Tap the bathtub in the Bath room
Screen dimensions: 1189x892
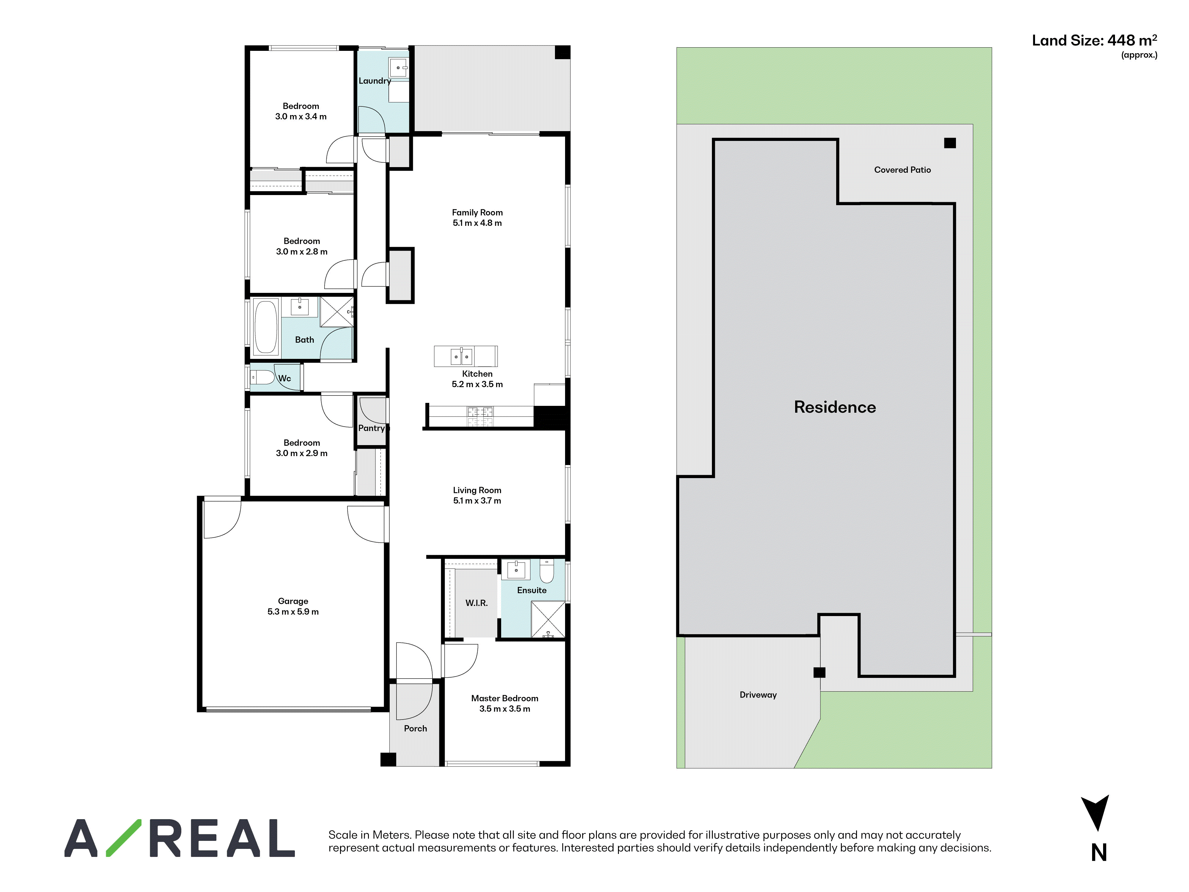click(265, 326)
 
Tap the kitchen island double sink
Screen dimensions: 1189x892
click(462, 356)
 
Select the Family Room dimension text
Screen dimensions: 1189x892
click(477, 223)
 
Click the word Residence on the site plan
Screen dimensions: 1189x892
click(835, 407)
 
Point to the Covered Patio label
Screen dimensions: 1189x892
click(902, 170)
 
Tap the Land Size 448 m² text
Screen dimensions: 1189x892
click(1094, 41)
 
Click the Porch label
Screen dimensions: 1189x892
click(416, 728)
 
